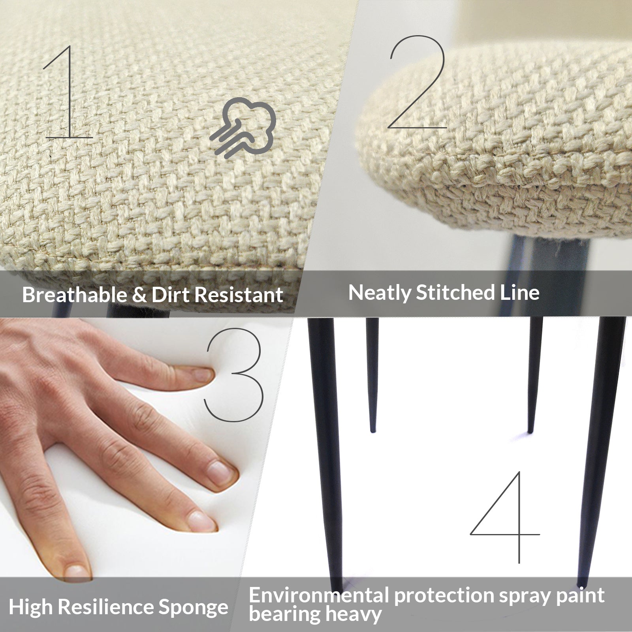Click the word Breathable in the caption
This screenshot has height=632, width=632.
73,295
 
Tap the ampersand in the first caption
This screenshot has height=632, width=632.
139,295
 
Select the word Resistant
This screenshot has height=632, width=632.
239,295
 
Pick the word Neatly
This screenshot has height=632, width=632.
379,293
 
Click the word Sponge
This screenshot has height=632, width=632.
194,607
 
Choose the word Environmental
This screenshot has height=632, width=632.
318,595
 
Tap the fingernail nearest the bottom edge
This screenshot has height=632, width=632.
77,571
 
